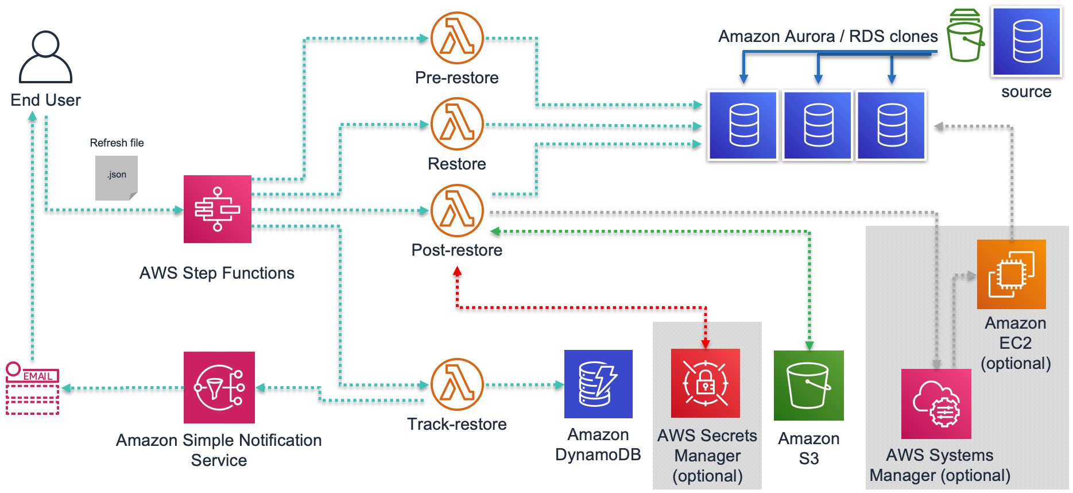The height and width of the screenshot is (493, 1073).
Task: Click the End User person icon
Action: [45, 57]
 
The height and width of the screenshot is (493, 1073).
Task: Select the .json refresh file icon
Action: [117, 178]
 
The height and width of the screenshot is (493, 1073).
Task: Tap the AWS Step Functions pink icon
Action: [217, 209]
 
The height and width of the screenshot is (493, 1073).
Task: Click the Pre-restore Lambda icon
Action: [457, 38]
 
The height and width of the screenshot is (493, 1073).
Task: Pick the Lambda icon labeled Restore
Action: [457, 124]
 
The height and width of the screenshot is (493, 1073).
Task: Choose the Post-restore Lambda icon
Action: [457, 210]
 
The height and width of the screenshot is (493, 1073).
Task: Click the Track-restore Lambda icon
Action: [457, 384]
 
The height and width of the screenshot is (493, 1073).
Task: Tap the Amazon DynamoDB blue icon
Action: [598, 384]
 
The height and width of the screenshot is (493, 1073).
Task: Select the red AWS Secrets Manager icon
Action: [705, 383]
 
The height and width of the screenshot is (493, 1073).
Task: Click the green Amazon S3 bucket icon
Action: [808, 385]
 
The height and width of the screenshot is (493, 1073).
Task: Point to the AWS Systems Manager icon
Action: [936, 404]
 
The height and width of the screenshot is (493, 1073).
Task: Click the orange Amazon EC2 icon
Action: [1011, 274]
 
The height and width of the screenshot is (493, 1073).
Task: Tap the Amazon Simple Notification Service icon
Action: [219, 387]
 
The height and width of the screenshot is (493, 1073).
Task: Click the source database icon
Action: [1026, 41]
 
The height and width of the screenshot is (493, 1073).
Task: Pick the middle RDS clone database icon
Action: [818, 125]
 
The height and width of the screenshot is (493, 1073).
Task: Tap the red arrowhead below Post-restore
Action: [457, 271]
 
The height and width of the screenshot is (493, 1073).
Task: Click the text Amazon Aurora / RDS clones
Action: [827, 36]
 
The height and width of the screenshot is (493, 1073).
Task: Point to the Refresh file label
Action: [117, 142]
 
